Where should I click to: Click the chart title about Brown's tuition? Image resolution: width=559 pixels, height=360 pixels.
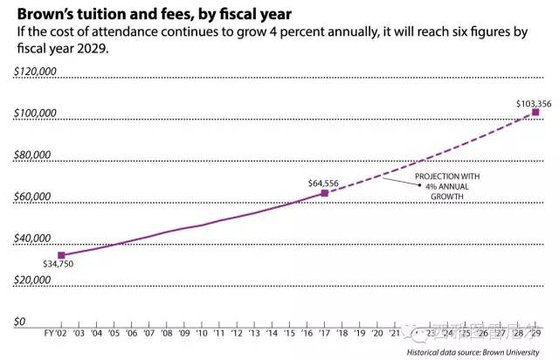(x=153, y=14)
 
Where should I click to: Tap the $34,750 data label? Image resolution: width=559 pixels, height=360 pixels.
(x=59, y=262)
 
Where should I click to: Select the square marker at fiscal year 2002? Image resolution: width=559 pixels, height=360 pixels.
(x=60, y=255)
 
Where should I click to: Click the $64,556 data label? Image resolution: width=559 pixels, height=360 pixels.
(x=323, y=183)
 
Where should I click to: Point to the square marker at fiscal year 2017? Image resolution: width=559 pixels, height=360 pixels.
(x=325, y=192)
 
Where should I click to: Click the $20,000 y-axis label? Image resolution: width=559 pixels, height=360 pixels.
(x=34, y=280)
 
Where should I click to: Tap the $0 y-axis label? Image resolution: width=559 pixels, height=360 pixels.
(x=20, y=322)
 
